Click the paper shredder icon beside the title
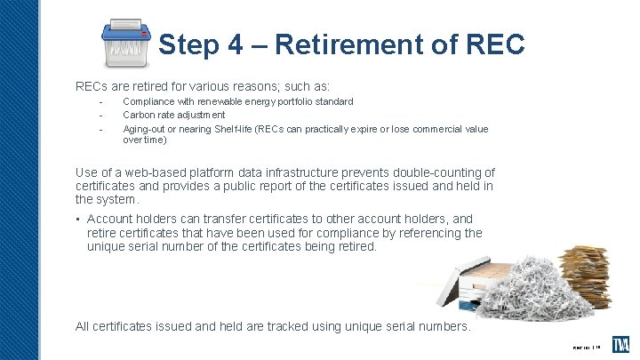[123, 44]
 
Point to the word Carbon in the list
[137, 115]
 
